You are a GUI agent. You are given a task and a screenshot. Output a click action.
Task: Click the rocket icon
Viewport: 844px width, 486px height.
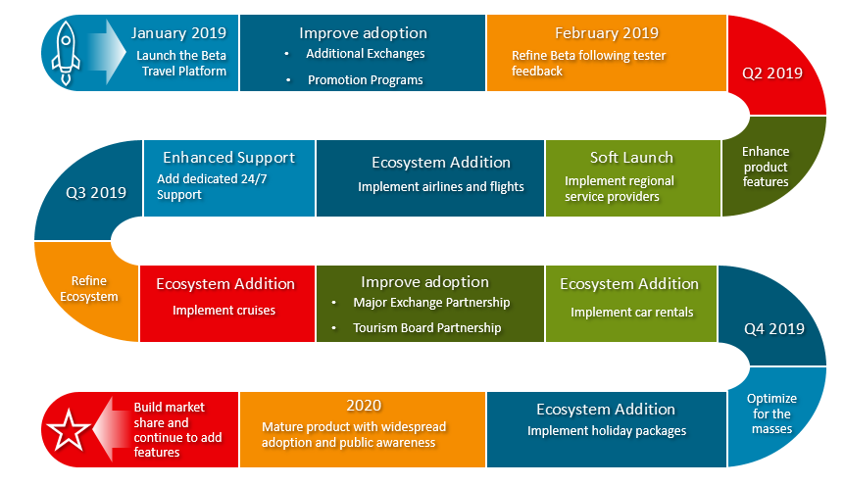point(66,53)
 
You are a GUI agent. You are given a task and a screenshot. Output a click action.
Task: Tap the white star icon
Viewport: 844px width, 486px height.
point(69,430)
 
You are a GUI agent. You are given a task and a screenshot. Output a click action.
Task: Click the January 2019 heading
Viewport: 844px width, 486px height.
point(178,33)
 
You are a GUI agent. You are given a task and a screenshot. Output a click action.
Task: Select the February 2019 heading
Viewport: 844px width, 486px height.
point(607,33)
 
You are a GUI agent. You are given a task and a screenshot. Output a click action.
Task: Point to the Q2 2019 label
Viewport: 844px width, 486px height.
point(772,73)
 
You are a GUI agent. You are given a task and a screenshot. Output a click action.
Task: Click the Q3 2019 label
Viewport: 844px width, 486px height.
point(96,193)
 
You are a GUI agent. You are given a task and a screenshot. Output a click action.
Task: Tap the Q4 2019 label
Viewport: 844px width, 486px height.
point(774,329)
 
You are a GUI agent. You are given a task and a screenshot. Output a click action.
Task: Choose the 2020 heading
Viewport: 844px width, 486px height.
point(364,406)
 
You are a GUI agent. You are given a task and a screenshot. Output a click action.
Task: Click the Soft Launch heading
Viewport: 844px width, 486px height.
point(631,158)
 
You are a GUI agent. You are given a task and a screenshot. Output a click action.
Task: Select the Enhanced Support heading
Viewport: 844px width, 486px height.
point(228,158)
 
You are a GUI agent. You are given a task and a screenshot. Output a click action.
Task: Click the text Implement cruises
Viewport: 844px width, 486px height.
point(223,310)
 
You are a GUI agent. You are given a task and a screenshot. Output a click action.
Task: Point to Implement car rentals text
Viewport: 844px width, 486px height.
point(632,313)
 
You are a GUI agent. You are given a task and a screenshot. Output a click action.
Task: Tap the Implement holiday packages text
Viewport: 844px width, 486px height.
point(607,430)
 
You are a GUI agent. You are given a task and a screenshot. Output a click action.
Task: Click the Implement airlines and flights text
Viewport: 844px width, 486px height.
point(441,187)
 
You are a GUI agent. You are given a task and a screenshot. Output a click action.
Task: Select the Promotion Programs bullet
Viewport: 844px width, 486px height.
point(366,80)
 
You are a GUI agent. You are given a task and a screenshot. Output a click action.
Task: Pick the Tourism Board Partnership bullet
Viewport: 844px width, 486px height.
point(426,328)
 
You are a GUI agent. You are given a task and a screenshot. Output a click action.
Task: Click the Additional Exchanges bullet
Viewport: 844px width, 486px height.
point(366,54)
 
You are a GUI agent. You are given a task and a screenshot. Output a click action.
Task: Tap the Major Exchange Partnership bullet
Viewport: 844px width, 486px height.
point(431,303)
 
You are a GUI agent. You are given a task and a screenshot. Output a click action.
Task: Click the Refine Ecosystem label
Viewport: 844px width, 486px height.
point(89,289)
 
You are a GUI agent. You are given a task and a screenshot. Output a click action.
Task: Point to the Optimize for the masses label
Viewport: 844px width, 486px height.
point(771,413)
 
